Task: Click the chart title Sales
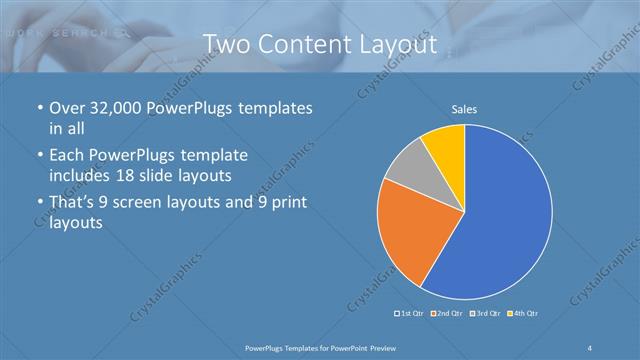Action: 464,108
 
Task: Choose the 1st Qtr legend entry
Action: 412,314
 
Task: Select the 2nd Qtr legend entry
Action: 447,314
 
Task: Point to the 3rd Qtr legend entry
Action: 485,314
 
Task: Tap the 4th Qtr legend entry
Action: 523,314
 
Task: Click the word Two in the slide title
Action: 229,45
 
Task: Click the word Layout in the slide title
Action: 400,45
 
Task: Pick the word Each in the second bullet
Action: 67,156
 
